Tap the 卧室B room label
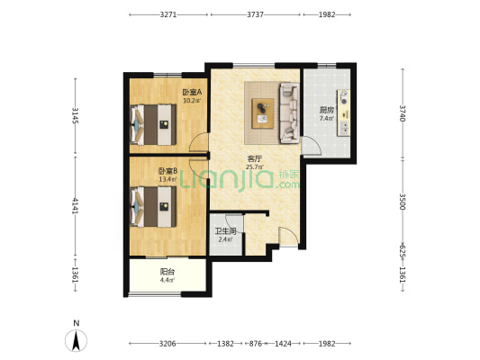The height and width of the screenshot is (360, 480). click(x=168, y=171)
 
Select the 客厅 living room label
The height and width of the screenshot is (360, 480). click(x=254, y=159)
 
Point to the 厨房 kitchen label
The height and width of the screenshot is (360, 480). click(x=326, y=110)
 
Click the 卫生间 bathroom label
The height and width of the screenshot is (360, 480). click(x=225, y=231)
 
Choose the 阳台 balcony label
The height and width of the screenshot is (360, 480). click(x=168, y=272)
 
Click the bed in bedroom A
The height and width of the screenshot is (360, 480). click(x=153, y=124)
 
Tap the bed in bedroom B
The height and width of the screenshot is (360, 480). click(x=153, y=207)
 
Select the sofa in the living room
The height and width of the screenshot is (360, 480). click(x=289, y=112)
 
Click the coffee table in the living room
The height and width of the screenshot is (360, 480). click(x=263, y=113)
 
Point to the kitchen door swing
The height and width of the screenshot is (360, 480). click(x=311, y=146)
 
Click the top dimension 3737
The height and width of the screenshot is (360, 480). click(x=255, y=14)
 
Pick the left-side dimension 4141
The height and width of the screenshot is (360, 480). click(x=76, y=206)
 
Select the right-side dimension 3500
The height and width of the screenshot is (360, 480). click(x=403, y=202)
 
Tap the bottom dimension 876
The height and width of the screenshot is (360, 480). click(x=255, y=344)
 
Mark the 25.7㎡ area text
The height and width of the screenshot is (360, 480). click(x=254, y=167)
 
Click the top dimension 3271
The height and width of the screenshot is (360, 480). click(x=168, y=14)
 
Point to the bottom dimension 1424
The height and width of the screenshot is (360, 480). click(x=283, y=344)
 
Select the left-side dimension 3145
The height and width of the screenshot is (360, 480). click(x=76, y=115)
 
